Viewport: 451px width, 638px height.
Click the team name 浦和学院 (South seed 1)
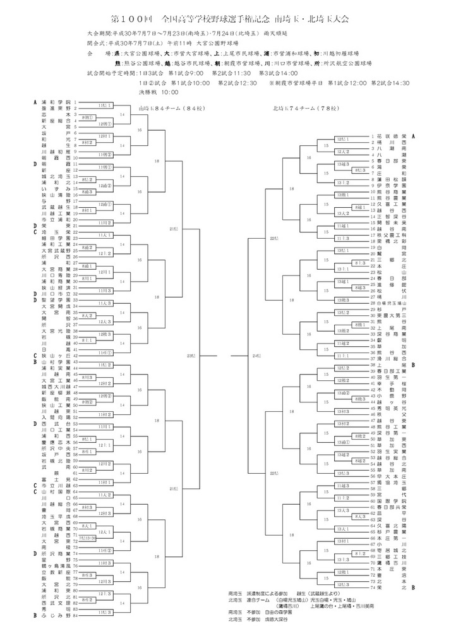coord(56,102)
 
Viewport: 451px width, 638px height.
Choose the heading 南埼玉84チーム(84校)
coord(162,107)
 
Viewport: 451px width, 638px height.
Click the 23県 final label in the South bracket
coord(192,356)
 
